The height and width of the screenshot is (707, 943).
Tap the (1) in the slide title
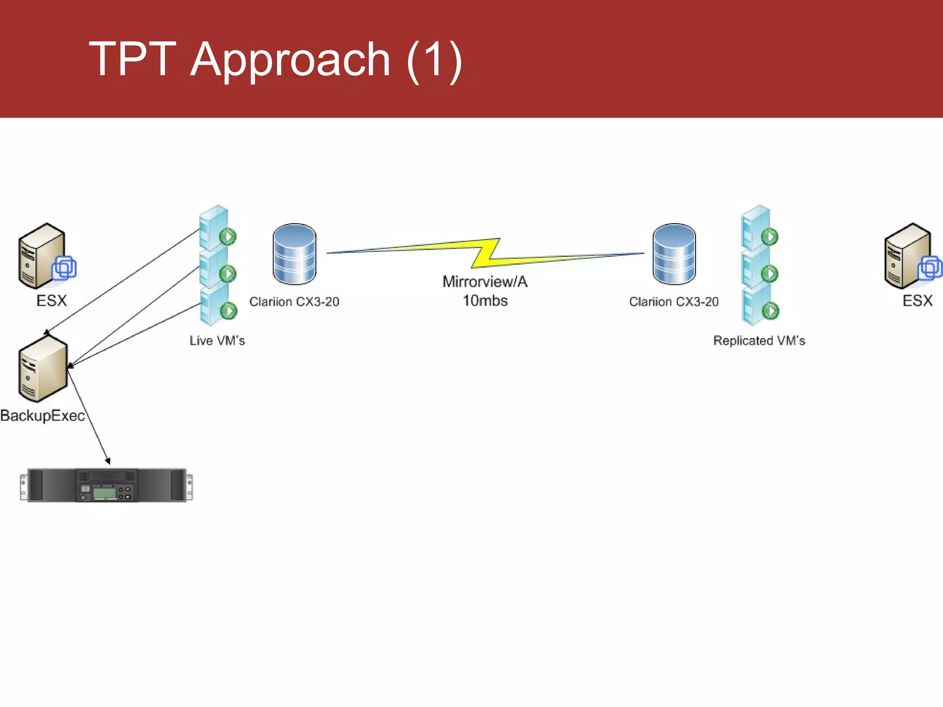(434, 60)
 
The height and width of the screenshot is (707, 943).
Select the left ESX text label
(52, 301)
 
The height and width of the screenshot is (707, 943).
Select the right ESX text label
(917, 301)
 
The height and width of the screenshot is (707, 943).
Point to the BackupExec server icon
(43, 369)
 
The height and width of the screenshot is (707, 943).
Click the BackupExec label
(42, 416)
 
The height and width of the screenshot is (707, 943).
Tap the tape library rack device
(106, 485)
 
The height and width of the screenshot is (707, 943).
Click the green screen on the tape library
(105, 493)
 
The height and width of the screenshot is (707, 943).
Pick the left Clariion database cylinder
(294, 254)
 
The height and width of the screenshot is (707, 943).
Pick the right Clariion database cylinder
(674, 254)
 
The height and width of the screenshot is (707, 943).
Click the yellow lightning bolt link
(486, 253)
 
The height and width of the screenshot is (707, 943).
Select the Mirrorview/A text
(485, 282)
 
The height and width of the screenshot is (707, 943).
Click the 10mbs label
(485, 301)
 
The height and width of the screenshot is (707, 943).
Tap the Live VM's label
(217, 341)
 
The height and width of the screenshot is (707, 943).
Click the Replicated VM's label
(759, 341)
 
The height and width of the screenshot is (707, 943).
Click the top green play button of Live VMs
(228, 237)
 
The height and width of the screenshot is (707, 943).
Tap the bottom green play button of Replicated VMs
(770, 311)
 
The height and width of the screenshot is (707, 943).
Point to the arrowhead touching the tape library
(108, 461)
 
